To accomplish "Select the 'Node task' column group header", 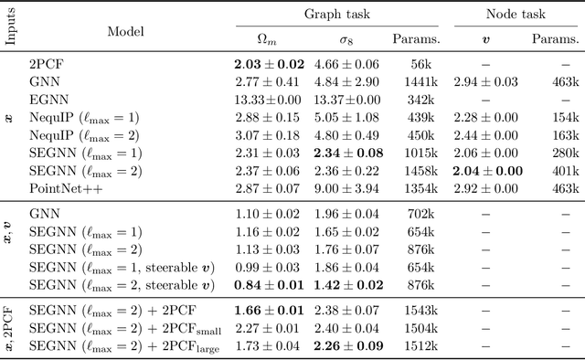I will [518, 16].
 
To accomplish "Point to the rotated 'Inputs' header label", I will [12, 29].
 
